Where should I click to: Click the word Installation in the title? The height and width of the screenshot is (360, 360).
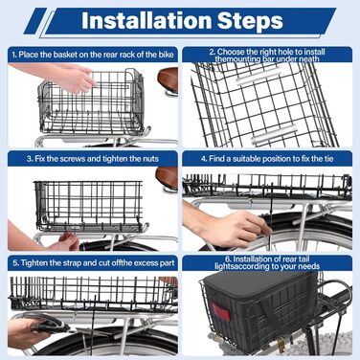tap(146, 21)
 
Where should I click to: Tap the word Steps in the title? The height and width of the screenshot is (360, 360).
tap(250, 21)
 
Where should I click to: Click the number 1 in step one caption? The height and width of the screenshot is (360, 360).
tap(14, 55)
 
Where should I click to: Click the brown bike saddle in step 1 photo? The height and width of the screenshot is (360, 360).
tap(169, 79)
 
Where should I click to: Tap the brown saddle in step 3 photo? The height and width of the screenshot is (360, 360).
tap(167, 177)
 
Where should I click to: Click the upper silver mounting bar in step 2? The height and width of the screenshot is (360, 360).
tap(259, 77)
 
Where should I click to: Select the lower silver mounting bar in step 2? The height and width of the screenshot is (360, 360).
tap(274, 134)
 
